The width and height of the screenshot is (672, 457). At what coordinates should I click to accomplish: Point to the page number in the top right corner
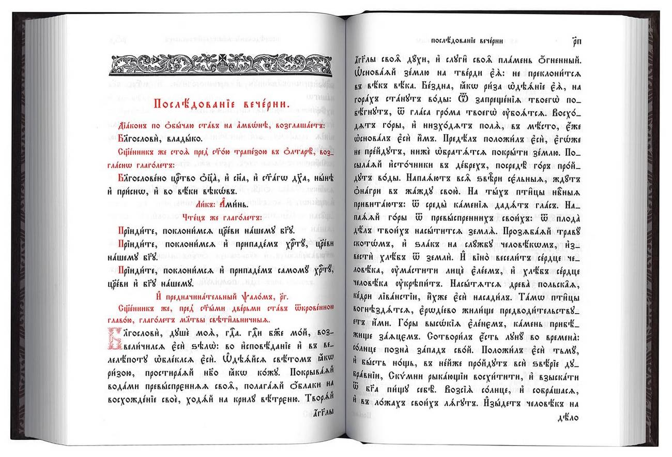click(577, 41)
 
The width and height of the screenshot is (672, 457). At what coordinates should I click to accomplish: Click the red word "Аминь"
click(235, 204)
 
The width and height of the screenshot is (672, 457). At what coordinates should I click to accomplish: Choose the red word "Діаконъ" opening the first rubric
click(136, 126)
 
